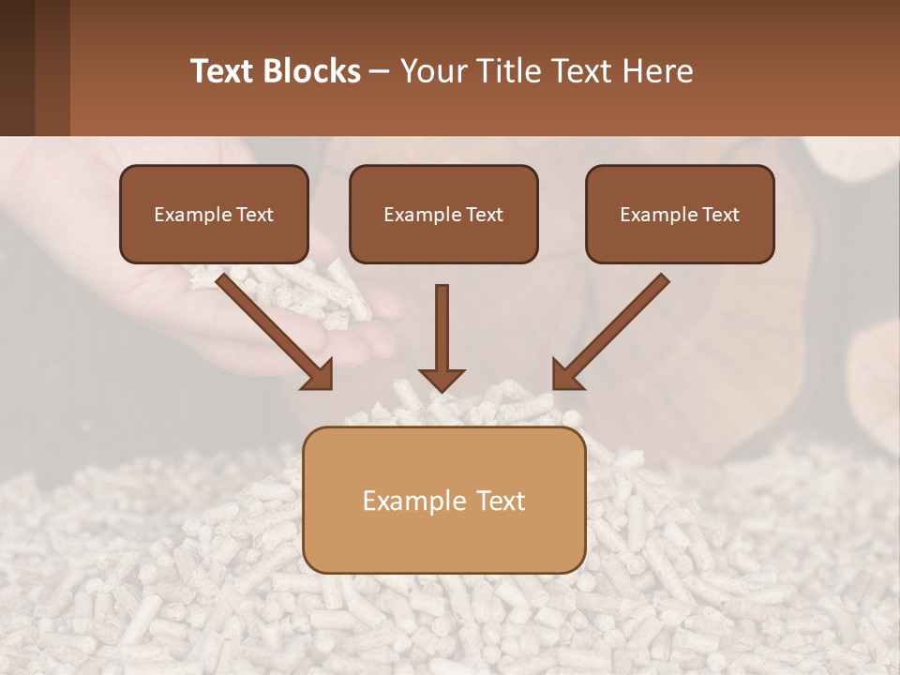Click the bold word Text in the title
[x=226, y=71]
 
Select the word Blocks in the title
[x=314, y=71]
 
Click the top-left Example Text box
[x=214, y=214]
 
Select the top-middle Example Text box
[x=443, y=214]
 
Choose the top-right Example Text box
[x=680, y=214]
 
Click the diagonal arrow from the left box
[x=274, y=330]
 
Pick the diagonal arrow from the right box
[x=611, y=330]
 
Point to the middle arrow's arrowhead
[x=442, y=379]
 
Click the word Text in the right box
[x=721, y=215]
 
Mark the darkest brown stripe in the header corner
[x=17, y=67]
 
